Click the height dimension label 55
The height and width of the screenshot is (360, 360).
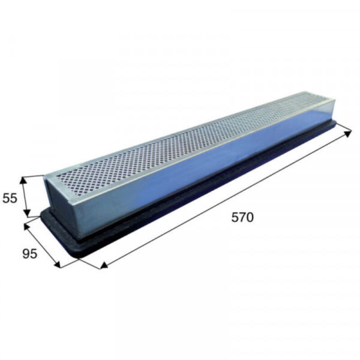(x=10, y=198)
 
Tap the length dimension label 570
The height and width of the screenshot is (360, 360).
(x=242, y=217)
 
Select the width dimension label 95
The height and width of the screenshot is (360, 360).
(x=29, y=254)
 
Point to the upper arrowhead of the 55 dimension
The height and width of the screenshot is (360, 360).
(x=23, y=181)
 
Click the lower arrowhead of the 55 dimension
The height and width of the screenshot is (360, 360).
(x=27, y=212)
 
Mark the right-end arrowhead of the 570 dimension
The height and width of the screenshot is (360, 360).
(x=347, y=133)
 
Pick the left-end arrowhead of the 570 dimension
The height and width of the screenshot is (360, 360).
(x=104, y=265)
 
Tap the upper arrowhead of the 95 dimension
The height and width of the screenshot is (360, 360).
(x=27, y=227)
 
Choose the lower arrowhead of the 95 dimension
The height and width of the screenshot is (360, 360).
(x=57, y=264)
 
